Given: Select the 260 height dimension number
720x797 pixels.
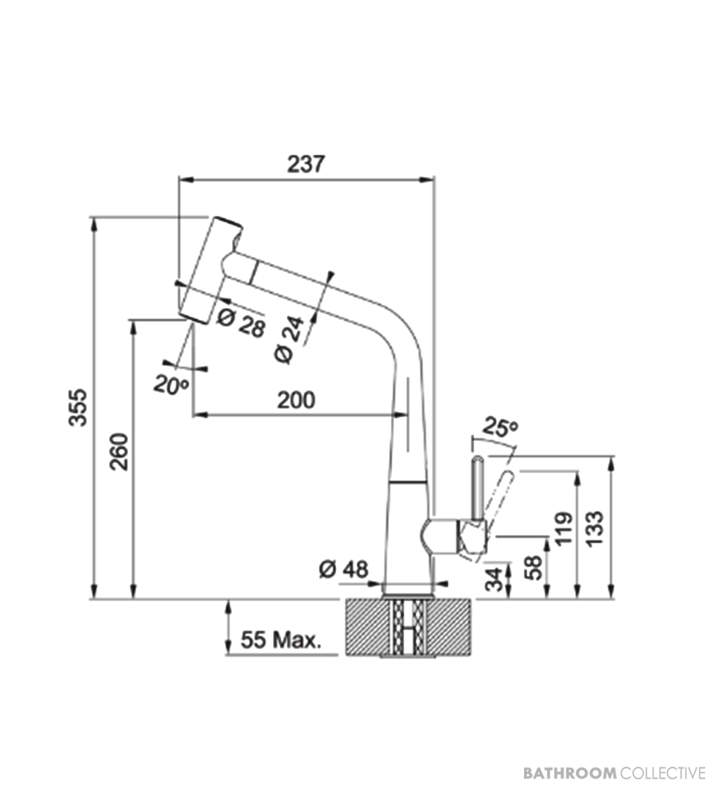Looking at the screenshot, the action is (119, 452).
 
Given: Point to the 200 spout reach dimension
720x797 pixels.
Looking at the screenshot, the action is (296, 400).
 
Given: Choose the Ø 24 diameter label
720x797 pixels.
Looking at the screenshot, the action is (290, 340).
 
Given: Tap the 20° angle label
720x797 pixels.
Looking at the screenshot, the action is (172, 384).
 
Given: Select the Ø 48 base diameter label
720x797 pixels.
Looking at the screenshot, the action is (343, 570).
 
